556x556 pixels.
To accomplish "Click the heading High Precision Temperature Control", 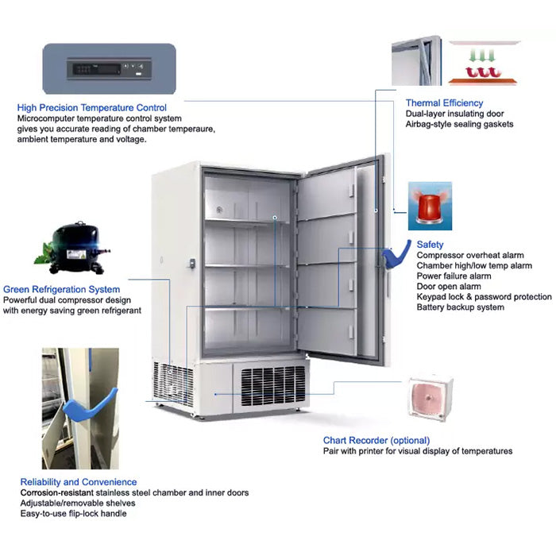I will coord(92,108).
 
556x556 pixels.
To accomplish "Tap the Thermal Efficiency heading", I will coord(444,103).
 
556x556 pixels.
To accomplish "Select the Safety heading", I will coord(430,245).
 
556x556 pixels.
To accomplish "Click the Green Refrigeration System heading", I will coord(62,290).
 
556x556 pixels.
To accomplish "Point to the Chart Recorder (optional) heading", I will coord(376,440).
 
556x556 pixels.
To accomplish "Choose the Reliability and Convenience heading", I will coord(79,482).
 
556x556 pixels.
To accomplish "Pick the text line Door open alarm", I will coord(449,287).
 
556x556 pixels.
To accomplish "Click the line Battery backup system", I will coord(461,307).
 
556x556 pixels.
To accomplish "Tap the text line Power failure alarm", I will coord(454,276).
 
